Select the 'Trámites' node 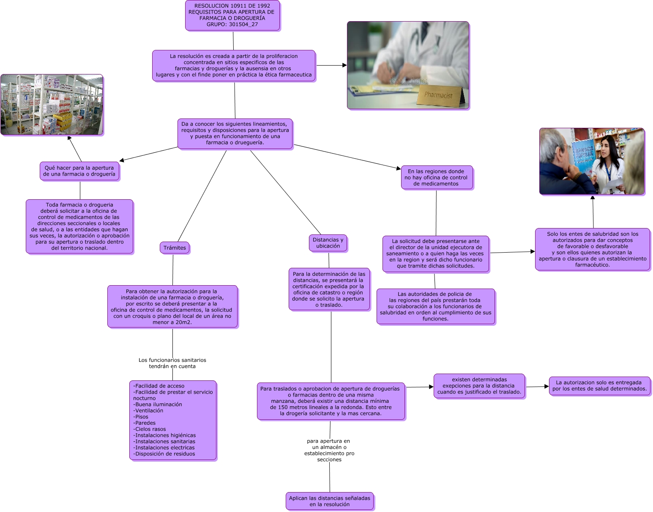click(175, 248)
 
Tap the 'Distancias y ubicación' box click(328, 243)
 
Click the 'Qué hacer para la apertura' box click(79, 171)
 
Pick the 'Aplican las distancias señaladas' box click(330, 501)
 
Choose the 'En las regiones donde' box click(436, 178)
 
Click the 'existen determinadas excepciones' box click(479, 386)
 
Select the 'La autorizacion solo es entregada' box click(599, 386)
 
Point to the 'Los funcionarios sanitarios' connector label click(172, 363)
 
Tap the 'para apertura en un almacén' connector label click(329, 450)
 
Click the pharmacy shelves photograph click(52, 105)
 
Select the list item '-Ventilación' click(148, 410)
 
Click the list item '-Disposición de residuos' click(164, 454)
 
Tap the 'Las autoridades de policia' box click(435, 306)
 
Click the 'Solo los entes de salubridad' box click(592, 249)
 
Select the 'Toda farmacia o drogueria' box click(79, 226)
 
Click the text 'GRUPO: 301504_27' click(232, 25)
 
